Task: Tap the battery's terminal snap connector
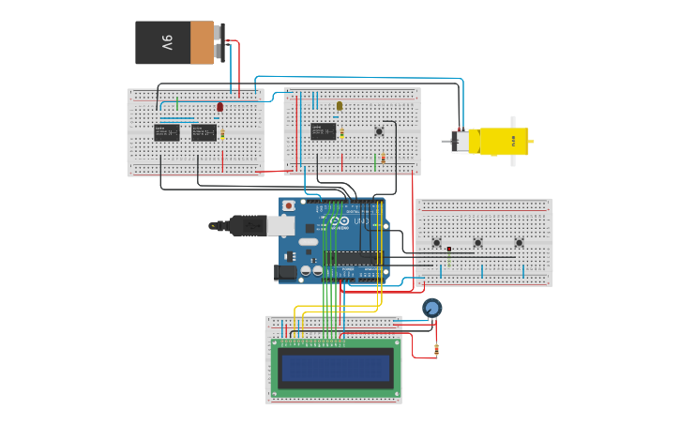coord(220,43)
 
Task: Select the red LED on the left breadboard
coord(220,107)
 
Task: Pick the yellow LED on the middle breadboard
coord(340,106)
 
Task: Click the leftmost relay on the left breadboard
coord(166,132)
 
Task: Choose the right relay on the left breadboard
coord(204,132)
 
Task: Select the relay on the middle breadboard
coord(324,131)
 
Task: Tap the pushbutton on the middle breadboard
coord(379,131)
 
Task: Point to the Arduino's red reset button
coord(289,205)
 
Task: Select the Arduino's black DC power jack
coord(285,272)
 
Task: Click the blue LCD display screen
coord(335,367)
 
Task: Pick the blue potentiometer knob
coord(431,308)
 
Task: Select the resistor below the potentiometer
coord(436,350)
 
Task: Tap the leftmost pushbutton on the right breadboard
coord(437,243)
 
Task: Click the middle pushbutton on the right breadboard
coord(477,243)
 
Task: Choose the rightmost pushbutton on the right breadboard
coord(520,243)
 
